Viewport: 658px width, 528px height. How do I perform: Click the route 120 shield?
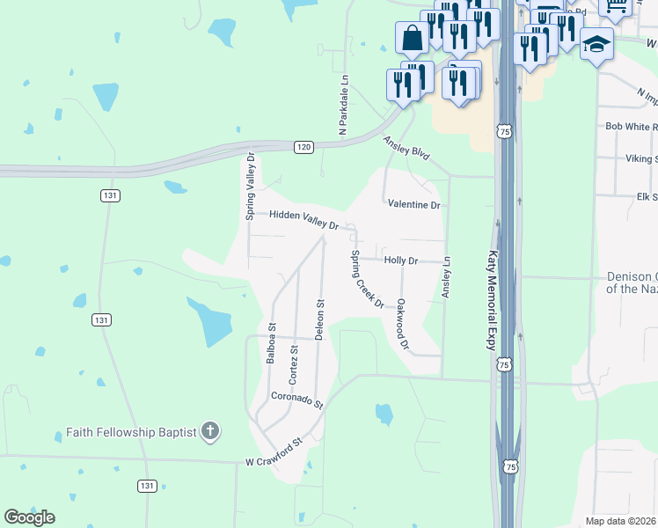(x=303, y=147)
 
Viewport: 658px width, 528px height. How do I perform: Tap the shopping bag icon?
(x=412, y=38)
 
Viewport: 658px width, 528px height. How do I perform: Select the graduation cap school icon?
(x=596, y=44)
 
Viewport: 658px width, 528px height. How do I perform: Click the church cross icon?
(x=209, y=432)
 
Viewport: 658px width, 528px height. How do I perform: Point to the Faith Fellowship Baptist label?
(x=132, y=432)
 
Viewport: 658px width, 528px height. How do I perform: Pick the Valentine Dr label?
(x=413, y=204)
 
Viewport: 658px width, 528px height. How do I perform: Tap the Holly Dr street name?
(x=401, y=260)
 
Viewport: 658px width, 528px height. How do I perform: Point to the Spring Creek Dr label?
(x=368, y=280)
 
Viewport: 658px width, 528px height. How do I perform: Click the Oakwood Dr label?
(x=403, y=324)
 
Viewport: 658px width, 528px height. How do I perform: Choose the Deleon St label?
(x=320, y=319)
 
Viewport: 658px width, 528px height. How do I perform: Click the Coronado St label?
(x=297, y=400)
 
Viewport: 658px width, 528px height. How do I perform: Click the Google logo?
(x=29, y=517)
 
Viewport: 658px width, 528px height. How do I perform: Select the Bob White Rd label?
(x=632, y=127)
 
